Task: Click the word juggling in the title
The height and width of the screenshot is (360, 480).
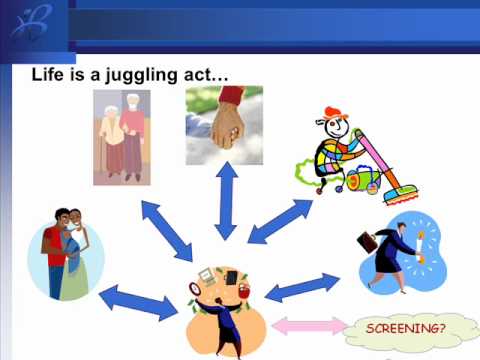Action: click(x=138, y=75)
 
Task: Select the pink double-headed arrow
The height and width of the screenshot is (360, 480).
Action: click(x=307, y=325)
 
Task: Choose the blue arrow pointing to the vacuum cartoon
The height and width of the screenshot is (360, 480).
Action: click(x=279, y=221)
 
